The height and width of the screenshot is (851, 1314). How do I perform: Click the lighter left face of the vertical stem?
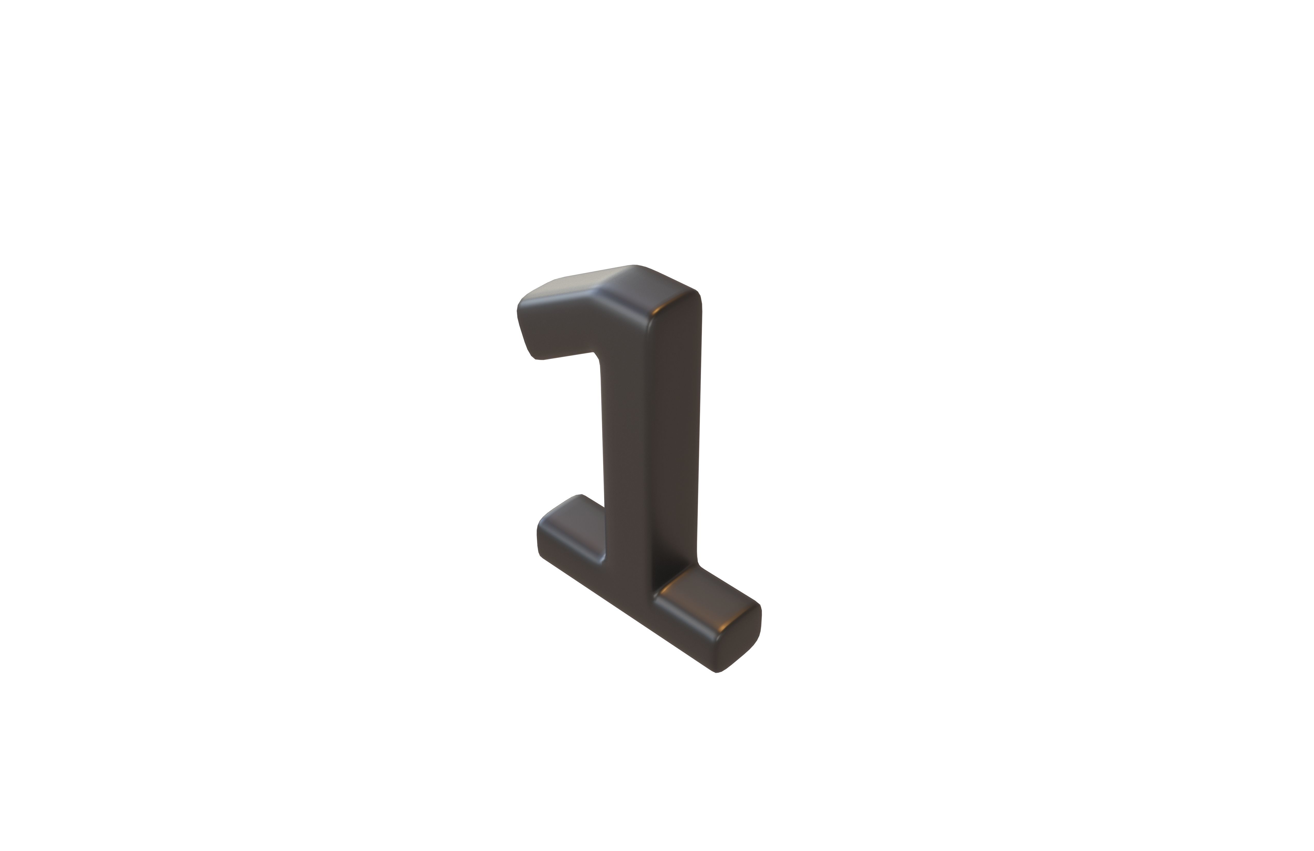pos(629,442)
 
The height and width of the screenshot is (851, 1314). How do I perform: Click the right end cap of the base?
pos(740,641)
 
